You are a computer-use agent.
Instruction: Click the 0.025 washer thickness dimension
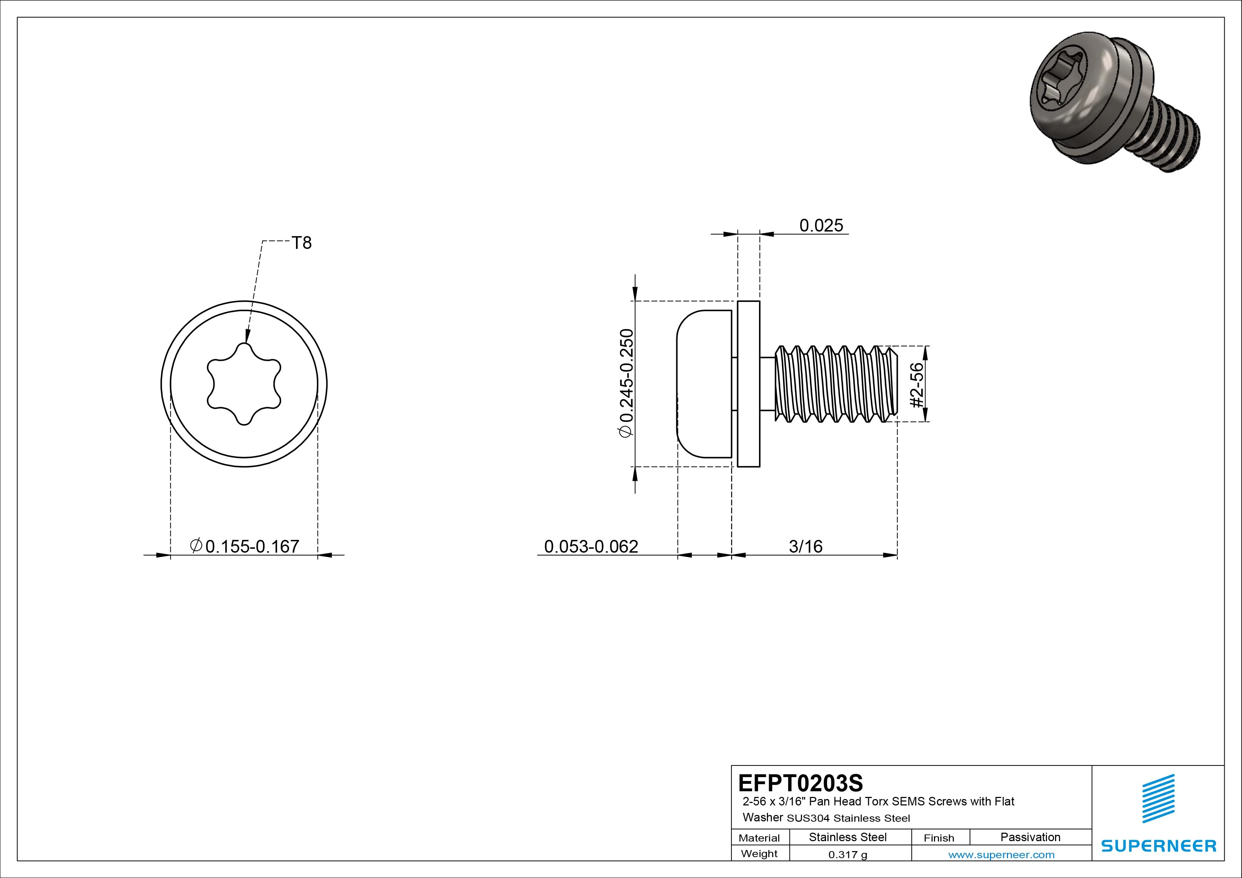point(821,226)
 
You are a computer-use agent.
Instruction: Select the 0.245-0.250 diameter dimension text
point(626,383)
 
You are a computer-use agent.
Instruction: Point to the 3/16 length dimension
point(805,546)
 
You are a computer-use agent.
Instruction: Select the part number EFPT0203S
point(801,783)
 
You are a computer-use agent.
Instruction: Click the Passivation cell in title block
point(1030,837)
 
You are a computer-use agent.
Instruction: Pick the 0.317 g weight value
point(848,855)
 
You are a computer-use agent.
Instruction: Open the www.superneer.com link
point(1001,855)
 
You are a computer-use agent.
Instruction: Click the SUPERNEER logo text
point(1158,845)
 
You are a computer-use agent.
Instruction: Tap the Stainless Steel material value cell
point(848,837)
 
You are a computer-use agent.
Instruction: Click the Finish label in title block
point(939,837)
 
